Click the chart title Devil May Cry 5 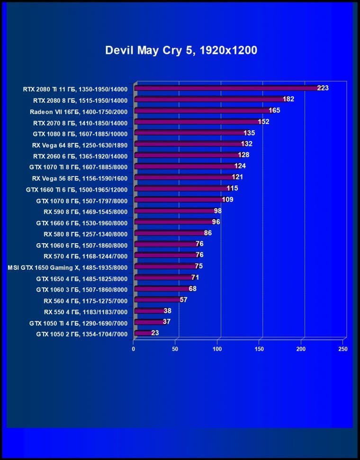point(181,50)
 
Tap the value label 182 point(288,99)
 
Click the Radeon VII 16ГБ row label point(79,111)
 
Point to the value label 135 point(249,133)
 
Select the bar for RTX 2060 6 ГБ point(188,155)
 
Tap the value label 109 point(227,200)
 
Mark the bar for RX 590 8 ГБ point(175,211)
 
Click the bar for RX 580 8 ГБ point(170,233)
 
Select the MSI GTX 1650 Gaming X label point(68,267)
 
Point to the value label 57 point(184,300)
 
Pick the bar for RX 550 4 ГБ point(150,311)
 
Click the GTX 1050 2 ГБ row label point(82,334)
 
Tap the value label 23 point(155,333)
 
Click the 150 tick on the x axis point(259,349)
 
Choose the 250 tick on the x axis point(343,349)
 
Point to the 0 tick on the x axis point(134,349)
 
